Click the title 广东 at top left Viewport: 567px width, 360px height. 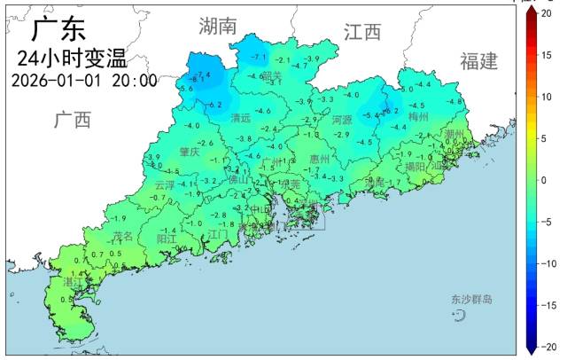tap(59, 29)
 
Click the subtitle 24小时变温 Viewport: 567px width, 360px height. tap(71, 59)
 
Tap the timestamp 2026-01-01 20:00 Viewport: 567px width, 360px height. tap(84, 81)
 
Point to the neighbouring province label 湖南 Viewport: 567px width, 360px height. tap(218, 26)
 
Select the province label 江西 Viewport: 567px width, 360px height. tap(361, 33)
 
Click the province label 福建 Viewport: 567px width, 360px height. tap(478, 61)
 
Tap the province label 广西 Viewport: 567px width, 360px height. tap(72, 120)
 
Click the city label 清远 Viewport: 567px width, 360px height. tap(240, 118)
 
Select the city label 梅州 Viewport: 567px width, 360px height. tap(418, 116)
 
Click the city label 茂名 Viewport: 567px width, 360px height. tap(123, 236)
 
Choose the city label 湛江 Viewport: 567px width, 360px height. tap(73, 281)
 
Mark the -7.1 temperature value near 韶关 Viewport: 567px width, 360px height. tap(259, 58)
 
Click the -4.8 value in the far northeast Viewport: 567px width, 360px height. tap(455, 102)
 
